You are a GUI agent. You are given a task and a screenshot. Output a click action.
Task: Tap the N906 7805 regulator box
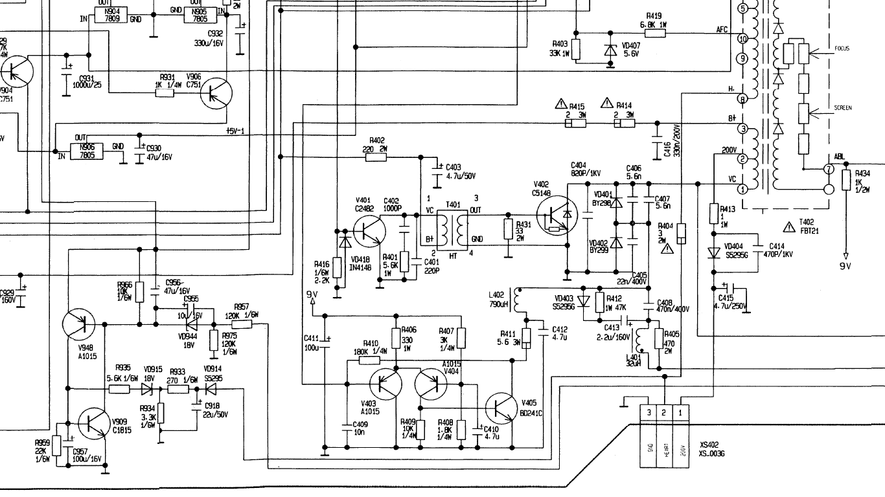click(86, 151)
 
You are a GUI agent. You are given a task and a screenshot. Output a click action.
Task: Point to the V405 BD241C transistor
click(501, 407)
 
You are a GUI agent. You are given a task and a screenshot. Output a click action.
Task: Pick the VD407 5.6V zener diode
click(610, 50)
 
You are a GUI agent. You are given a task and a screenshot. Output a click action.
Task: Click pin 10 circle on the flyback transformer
click(742, 39)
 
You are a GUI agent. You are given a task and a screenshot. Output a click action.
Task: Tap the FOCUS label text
click(842, 49)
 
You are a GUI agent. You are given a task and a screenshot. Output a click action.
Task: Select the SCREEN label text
click(843, 107)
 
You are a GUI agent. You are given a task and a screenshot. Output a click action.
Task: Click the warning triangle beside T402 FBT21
click(788, 226)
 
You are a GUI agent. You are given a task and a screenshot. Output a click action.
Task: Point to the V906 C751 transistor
click(216, 93)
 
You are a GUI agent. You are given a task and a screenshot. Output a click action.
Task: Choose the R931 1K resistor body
click(165, 93)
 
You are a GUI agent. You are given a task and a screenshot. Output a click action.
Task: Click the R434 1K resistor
click(846, 181)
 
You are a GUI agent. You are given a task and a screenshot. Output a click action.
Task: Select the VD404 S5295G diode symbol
click(713, 252)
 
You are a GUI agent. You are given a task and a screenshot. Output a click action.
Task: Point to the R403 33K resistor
click(575, 49)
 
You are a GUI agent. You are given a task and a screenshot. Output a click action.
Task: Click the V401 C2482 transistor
click(369, 230)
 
